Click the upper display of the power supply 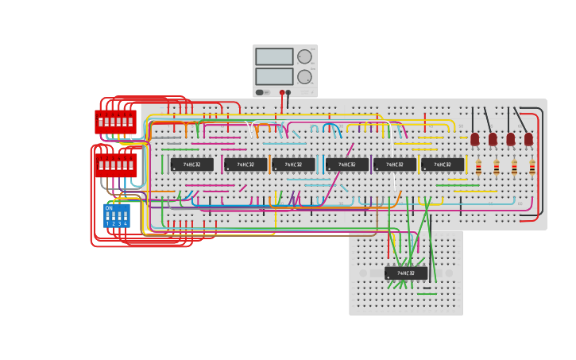274,56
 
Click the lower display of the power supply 274,76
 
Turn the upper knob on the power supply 304,56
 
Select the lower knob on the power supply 304,76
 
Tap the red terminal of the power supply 282,92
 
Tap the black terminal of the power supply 288,92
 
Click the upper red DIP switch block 116,122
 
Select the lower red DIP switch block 116,165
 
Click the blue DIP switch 116,215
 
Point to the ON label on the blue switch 109,207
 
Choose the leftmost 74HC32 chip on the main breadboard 191,165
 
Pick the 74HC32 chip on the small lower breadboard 406,273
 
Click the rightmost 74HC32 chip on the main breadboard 443,165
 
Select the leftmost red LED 475,139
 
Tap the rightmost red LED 528,139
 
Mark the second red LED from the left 493,139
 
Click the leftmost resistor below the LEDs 478,168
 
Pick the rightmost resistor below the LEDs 532,168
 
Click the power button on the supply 260,92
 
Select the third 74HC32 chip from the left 293,165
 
